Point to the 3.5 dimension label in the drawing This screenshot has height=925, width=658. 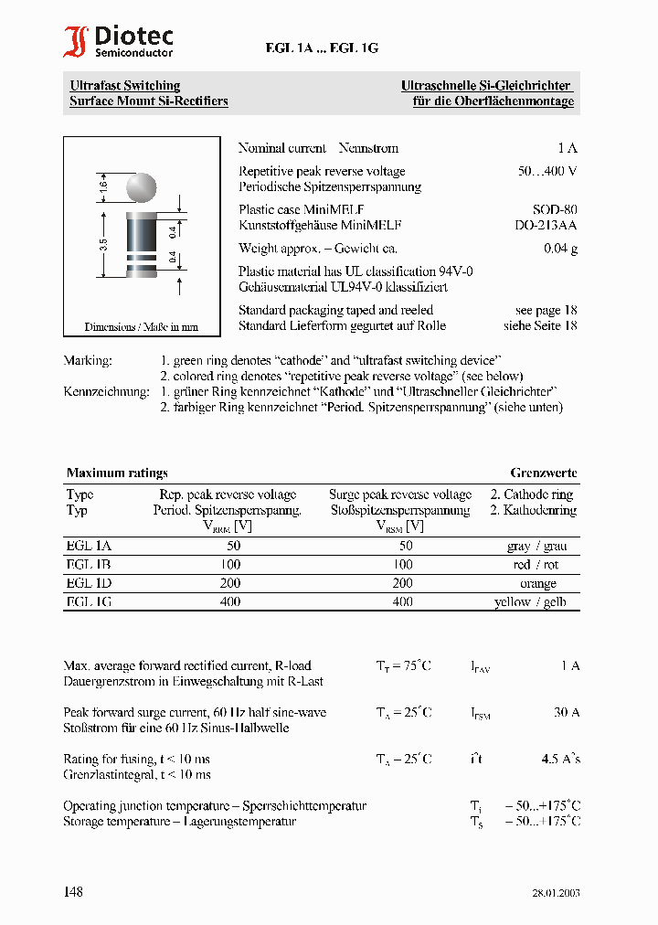click(103, 244)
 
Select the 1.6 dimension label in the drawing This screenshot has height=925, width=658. click(103, 186)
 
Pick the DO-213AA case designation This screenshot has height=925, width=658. click(546, 225)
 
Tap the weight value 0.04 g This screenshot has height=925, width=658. click(560, 249)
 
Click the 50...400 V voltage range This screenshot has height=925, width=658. click(547, 172)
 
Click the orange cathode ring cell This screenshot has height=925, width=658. click(537, 583)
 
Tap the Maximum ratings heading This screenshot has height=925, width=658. click(117, 473)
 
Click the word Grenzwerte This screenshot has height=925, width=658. click(544, 473)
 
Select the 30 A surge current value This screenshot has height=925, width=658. click(567, 713)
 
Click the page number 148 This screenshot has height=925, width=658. click(73, 891)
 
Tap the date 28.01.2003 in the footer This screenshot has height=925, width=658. click(556, 893)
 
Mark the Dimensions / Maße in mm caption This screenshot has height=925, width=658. click(142, 326)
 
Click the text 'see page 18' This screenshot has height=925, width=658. click(546, 311)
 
